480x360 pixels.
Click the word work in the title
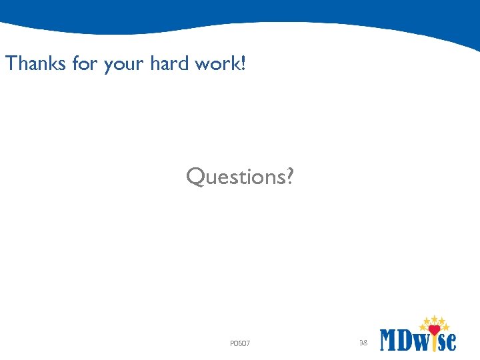pyautogui.click(x=215, y=64)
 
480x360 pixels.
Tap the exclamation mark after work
pyautogui.click(x=243, y=64)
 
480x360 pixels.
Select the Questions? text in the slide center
pyautogui.click(x=239, y=177)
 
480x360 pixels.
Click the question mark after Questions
pyautogui.click(x=287, y=177)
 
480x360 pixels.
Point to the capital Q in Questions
pyautogui.click(x=196, y=177)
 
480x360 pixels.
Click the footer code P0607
pyautogui.click(x=239, y=343)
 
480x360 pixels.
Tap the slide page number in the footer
pyautogui.click(x=363, y=343)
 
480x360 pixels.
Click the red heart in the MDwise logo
pyautogui.click(x=434, y=329)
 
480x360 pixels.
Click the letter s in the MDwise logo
pyautogui.click(x=443, y=342)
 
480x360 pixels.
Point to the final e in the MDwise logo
pyautogui.click(x=452, y=342)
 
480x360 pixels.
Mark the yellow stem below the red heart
pyautogui.click(x=434, y=343)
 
